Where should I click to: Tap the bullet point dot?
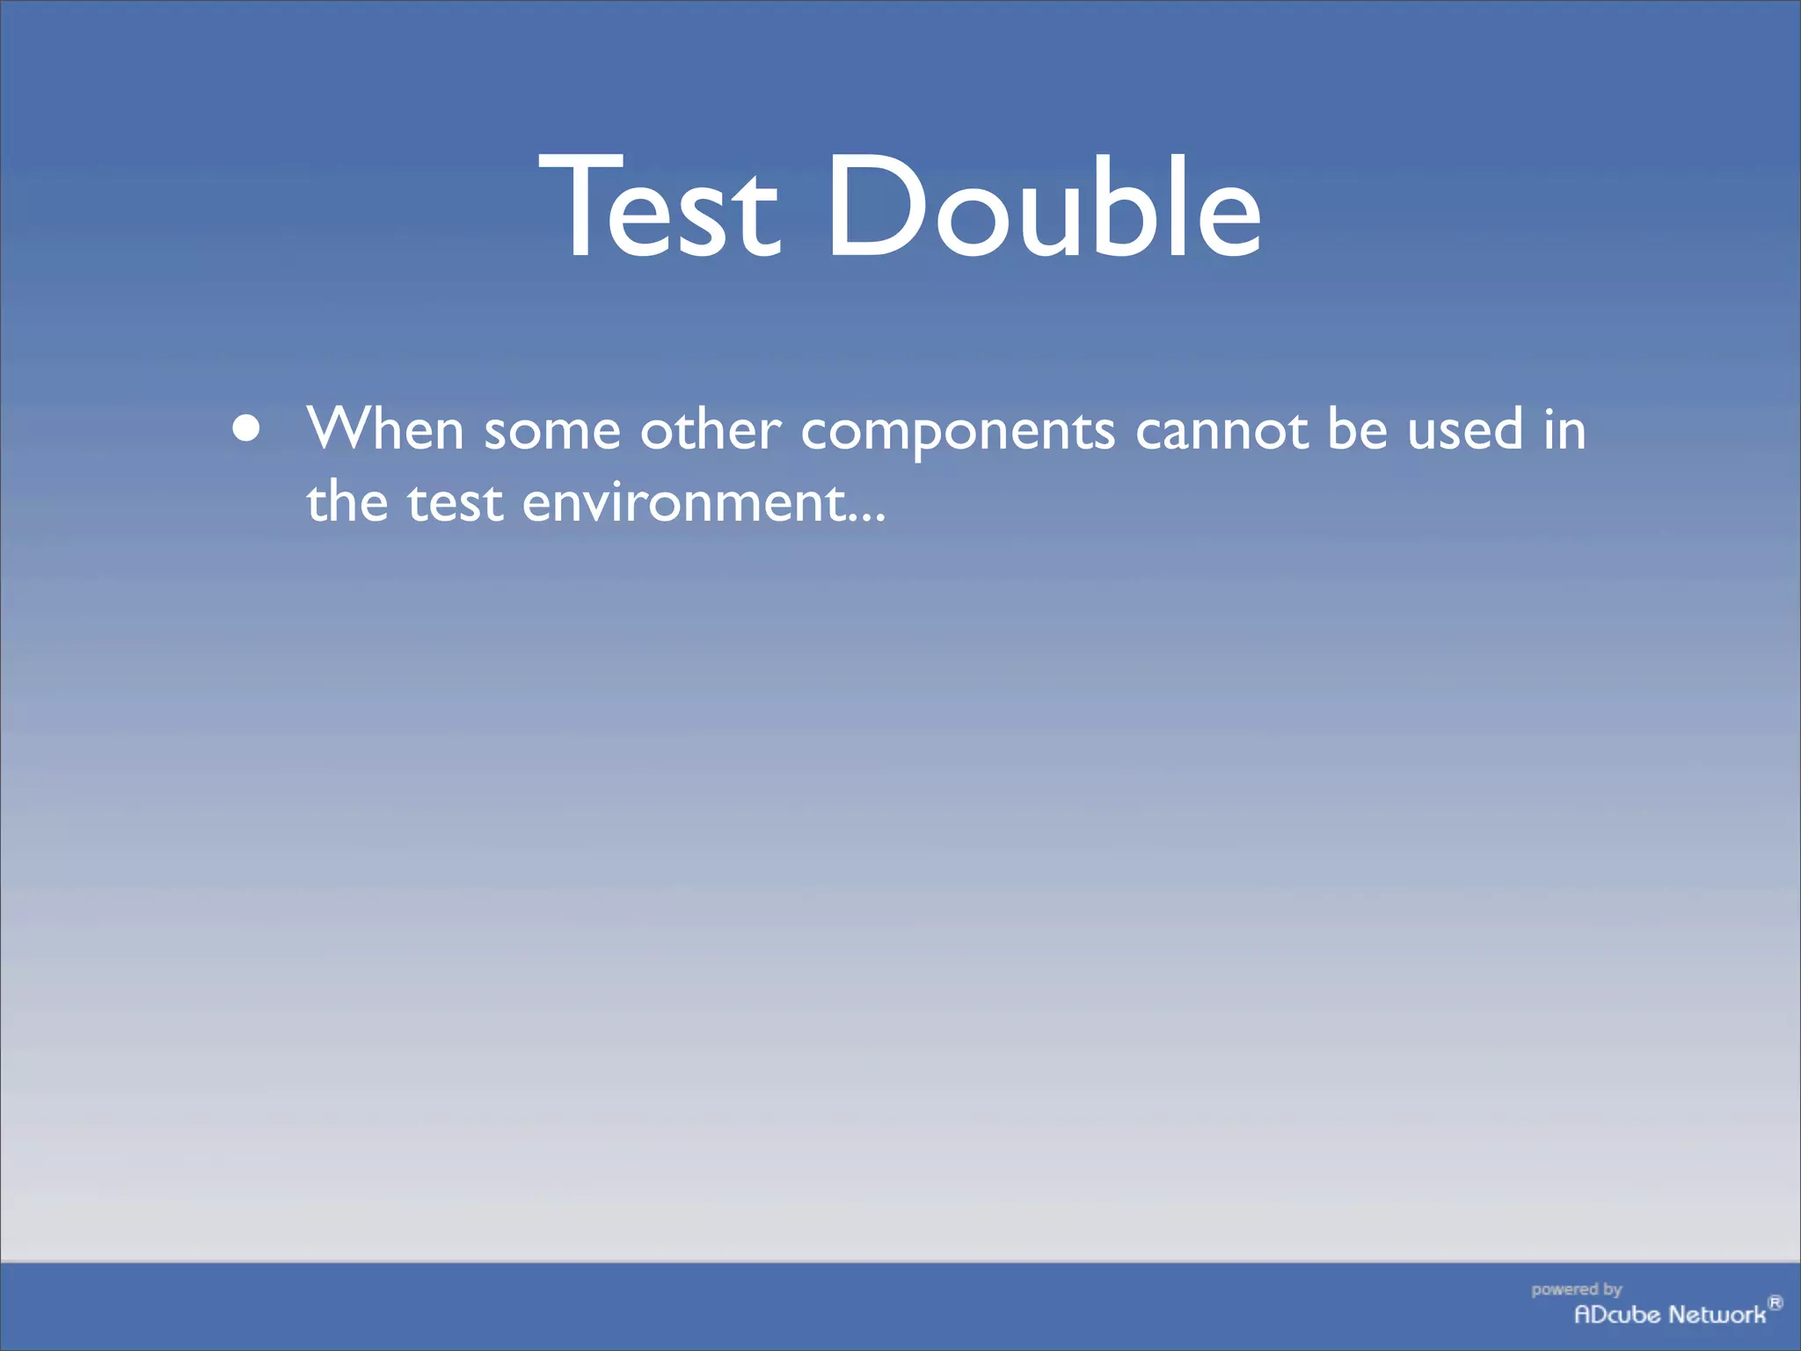tap(247, 428)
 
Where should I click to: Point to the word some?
tap(552, 431)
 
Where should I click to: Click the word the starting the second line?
tap(346, 501)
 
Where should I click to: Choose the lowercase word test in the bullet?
tap(455, 503)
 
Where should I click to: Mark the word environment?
tap(683, 503)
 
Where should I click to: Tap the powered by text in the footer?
tap(1576, 1289)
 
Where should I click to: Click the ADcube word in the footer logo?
tap(1616, 1314)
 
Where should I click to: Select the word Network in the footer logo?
tap(1717, 1314)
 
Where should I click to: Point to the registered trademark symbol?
tap(1775, 1303)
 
